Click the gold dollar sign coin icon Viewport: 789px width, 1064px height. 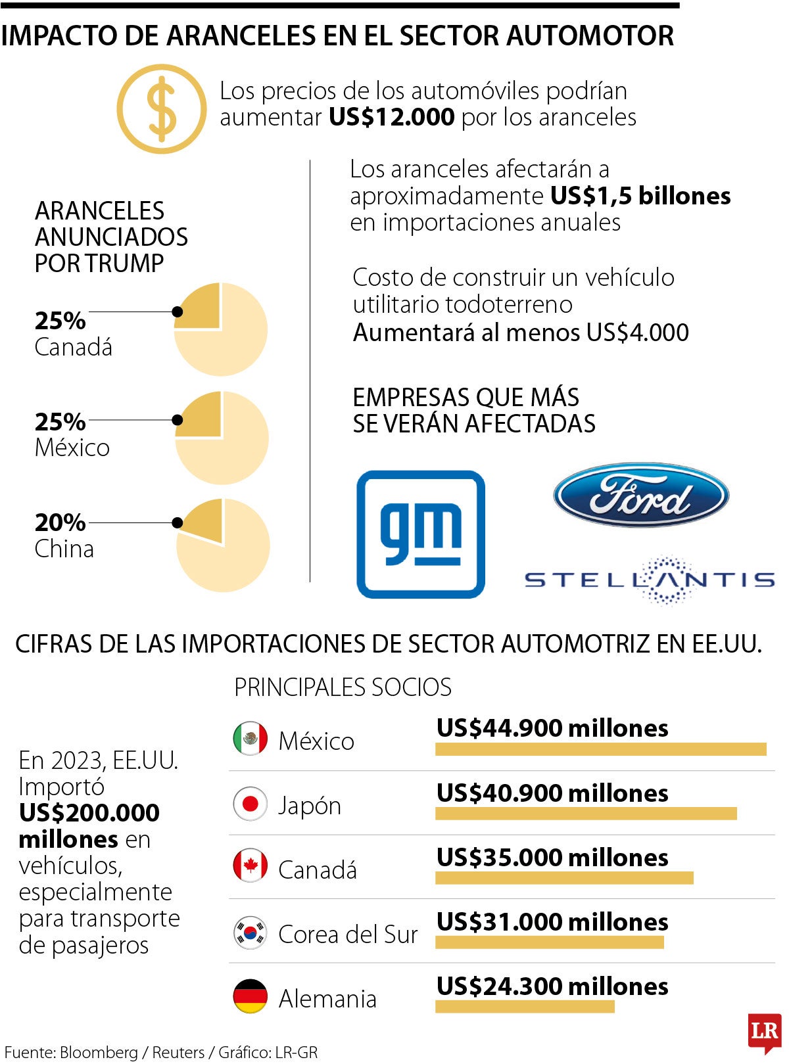[161, 108]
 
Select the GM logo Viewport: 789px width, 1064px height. [421, 534]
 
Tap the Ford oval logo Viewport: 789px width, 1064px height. [641, 495]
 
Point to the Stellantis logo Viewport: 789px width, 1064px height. [650, 579]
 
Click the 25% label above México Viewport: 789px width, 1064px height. [60, 421]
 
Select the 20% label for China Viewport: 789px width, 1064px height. [60, 522]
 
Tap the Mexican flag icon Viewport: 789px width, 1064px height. [251, 739]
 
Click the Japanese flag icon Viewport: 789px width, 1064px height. [251, 803]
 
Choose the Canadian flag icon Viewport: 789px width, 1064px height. [251, 866]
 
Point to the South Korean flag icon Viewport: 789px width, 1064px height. [251, 932]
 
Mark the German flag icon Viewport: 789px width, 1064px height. [251, 996]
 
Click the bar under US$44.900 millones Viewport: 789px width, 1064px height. [600, 749]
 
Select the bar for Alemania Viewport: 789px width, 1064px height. [525, 1006]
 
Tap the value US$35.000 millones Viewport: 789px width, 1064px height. [552, 858]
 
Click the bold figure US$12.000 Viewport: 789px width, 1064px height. [391, 117]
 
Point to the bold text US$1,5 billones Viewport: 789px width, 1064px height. [640, 196]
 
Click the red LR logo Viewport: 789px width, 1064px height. [764, 1030]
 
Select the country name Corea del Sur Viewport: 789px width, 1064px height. [348, 934]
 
